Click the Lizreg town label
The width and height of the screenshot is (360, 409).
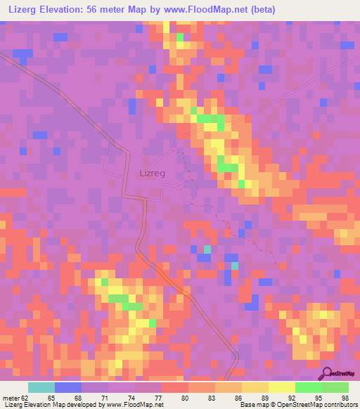coord(153,171)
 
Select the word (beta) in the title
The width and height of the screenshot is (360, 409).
coord(260,9)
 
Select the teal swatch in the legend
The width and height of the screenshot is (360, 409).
coord(41,387)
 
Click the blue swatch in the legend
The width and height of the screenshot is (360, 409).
coord(68,387)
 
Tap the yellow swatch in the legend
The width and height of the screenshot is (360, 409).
coord(281,387)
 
